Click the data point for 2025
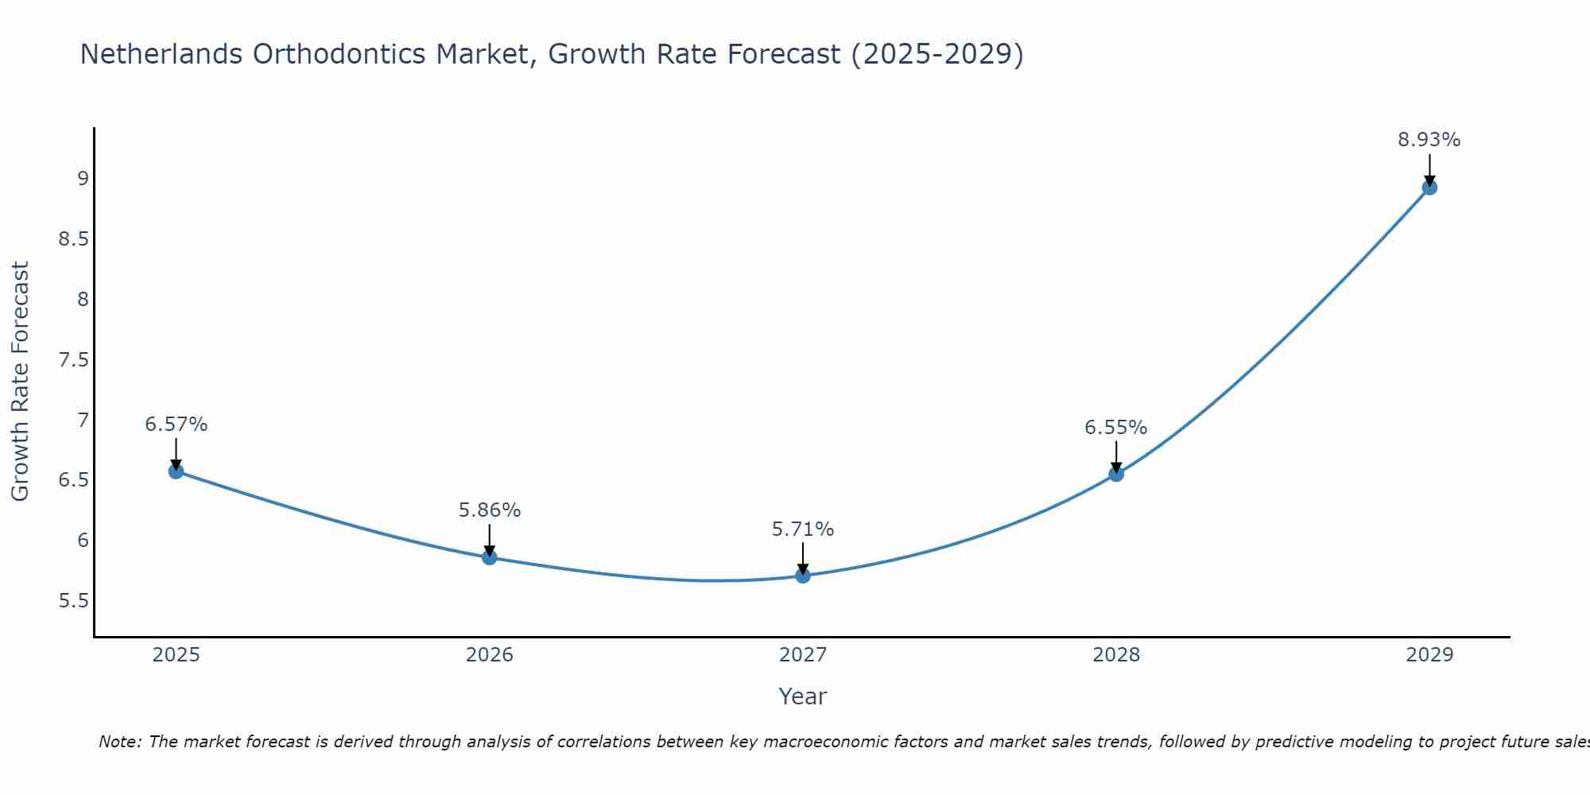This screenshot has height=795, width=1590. point(176,471)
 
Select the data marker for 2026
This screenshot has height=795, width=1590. point(489,557)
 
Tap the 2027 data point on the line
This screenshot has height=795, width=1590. point(803,576)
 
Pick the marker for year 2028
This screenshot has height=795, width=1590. point(1116,474)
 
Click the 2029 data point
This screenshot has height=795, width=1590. point(1429,188)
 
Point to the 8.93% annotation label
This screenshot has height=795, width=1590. point(1429,140)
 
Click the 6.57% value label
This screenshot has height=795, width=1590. point(176,425)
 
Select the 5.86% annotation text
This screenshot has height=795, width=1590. point(489,510)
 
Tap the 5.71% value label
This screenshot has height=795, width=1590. point(803,529)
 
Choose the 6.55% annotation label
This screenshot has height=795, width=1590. point(1116,428)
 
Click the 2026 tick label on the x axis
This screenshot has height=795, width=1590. point(489,655)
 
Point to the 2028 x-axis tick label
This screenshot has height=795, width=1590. point(1116,655)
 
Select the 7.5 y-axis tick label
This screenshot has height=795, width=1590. point(74,360)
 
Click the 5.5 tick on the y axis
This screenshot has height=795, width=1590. point(74,600)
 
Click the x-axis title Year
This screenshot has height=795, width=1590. point(803,696)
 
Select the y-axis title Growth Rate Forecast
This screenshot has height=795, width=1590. point(20,382)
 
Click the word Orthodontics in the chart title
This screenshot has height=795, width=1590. point(339,54)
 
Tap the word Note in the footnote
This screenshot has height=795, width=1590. point(119,742)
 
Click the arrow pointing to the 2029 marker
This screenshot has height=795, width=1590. point(1429,169)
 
